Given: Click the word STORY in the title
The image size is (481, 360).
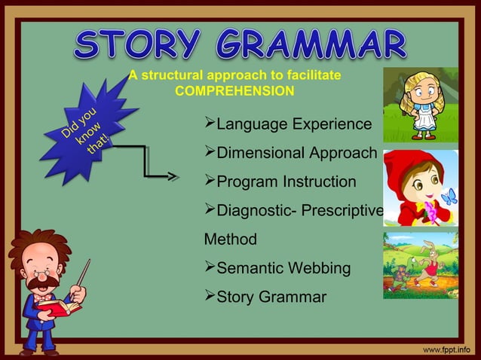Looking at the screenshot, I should point(138,45).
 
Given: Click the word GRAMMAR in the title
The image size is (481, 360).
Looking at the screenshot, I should point(311,45).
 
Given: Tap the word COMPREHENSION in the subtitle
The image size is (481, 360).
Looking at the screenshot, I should point(234,91).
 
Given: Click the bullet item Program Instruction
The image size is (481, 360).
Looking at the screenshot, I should point(280,182).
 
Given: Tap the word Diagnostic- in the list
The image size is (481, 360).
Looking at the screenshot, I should point(256,211).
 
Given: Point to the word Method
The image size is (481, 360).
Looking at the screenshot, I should point(230,239).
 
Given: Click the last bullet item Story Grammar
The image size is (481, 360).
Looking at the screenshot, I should point(265,297).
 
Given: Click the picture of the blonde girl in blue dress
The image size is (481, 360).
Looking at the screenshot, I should point(420,105).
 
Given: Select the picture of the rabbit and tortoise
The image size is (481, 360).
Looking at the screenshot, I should point(420,265).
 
